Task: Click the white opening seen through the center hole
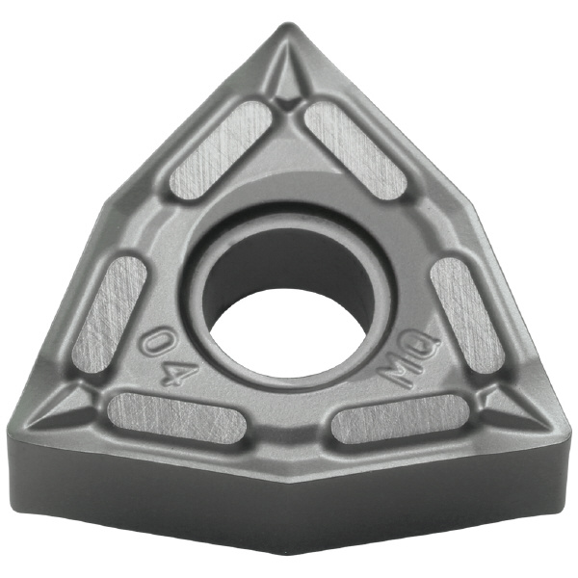[287, 334]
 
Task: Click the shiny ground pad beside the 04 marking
[110, 315]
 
